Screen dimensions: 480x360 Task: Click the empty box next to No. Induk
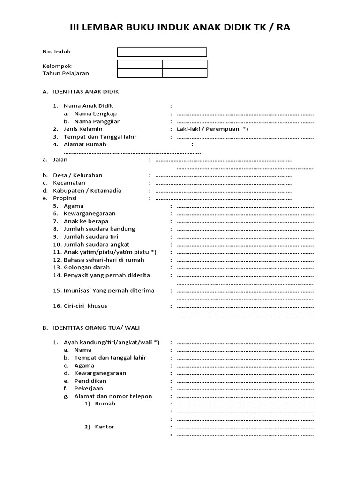point(162,52)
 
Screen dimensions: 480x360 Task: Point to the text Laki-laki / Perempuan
point(208,129)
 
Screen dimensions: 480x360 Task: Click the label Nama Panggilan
point(97,121)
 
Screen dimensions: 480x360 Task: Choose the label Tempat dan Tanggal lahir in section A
point(100,137)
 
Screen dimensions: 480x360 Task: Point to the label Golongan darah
point(86,267)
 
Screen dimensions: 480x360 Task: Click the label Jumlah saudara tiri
point(91,237)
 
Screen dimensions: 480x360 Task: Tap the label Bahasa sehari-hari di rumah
point(104,260)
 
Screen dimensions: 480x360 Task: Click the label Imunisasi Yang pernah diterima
point(109,291)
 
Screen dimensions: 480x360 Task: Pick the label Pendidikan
point(90,381)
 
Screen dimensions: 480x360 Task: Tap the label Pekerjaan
point(89,388)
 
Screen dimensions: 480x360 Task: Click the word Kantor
point(105,427)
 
